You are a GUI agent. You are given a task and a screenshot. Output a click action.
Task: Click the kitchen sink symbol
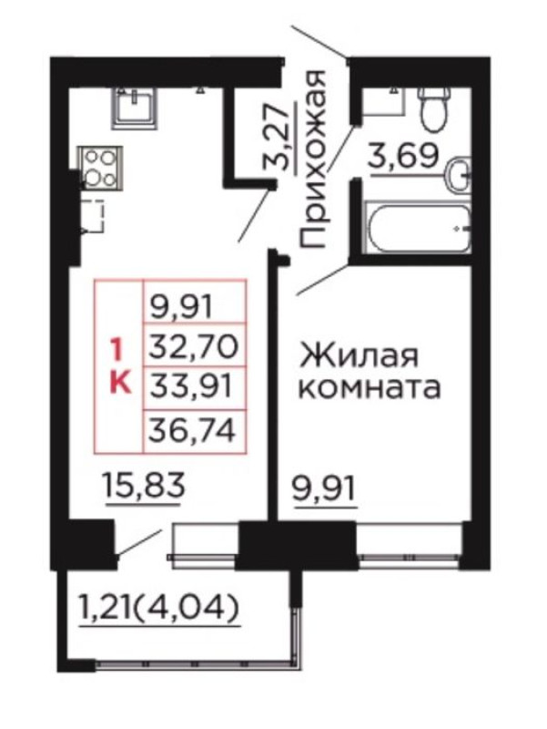click(134, 108)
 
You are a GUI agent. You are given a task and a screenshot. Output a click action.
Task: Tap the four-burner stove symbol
click(100, 168)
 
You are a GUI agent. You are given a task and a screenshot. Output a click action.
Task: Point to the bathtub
click(418, 227)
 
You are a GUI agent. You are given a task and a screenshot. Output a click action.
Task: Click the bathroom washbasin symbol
click(459, 175)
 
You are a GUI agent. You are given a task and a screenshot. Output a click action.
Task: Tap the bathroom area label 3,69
click(403, 156)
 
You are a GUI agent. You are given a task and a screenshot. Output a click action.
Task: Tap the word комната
click(370, 389)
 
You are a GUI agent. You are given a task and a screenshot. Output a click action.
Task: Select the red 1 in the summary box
click(116, 351)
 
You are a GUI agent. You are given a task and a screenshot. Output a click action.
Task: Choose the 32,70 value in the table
click(193, 346)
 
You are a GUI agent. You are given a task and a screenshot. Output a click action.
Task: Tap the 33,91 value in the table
click(190, 386)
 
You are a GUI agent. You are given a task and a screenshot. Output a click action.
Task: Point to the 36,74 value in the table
click(192, 430)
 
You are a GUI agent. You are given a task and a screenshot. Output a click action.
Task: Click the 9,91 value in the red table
click(181, 305)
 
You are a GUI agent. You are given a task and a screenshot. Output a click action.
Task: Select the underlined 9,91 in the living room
click(324, 488)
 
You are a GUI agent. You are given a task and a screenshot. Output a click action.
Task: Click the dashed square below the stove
click(94, 215)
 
